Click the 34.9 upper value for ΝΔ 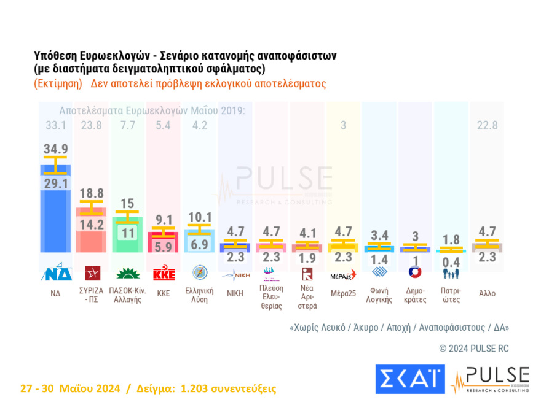tap(55, 148)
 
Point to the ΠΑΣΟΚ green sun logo tap(127, 273)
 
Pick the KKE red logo tap(164, 273)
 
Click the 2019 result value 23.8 tap(92, 126)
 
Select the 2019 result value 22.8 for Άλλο tap(487, 126)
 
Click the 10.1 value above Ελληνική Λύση tap(200, 217)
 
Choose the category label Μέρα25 tap(343, 293)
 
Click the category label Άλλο tap(487, 293)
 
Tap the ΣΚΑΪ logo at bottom tap(409, 379)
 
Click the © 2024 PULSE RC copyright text tap(473, 348)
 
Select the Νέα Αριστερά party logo tap(307, 273)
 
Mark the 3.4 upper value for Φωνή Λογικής tap(379, 236)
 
